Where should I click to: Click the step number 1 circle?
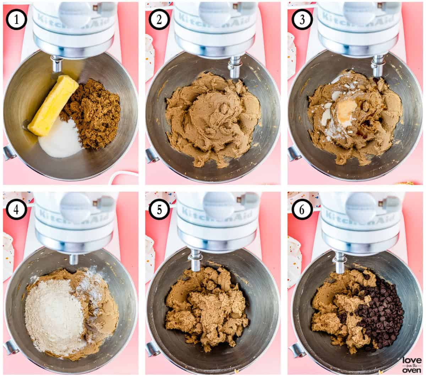click(16, 20)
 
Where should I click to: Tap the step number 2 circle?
click(159, 20)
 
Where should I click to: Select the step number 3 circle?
click(302, 20)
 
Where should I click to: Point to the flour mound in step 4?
click(53, 316)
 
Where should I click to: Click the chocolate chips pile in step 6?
click(382, 312)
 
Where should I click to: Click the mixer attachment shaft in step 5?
click(195, 261)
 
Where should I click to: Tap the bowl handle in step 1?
click(9, 153)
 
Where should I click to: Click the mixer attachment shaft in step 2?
click(234, 67)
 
